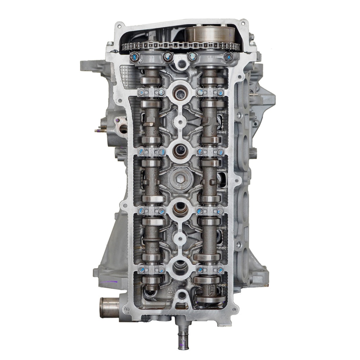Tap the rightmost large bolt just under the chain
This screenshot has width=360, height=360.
tap(229, 57)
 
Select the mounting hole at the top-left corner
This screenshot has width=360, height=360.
tap(120, 26)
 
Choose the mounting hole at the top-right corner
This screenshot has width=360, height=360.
tap(242, 24)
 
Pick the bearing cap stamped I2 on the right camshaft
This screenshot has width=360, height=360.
tap(210, 152)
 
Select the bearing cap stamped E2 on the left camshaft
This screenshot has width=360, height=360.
tap(151, 152)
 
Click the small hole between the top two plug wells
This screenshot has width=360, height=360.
tap(180, 122)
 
